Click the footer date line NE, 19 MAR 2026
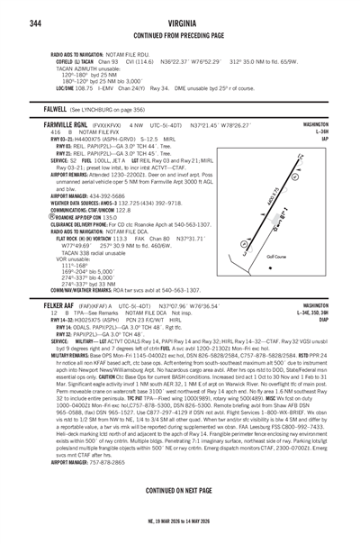pyautogui.click(x=179, y=535)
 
